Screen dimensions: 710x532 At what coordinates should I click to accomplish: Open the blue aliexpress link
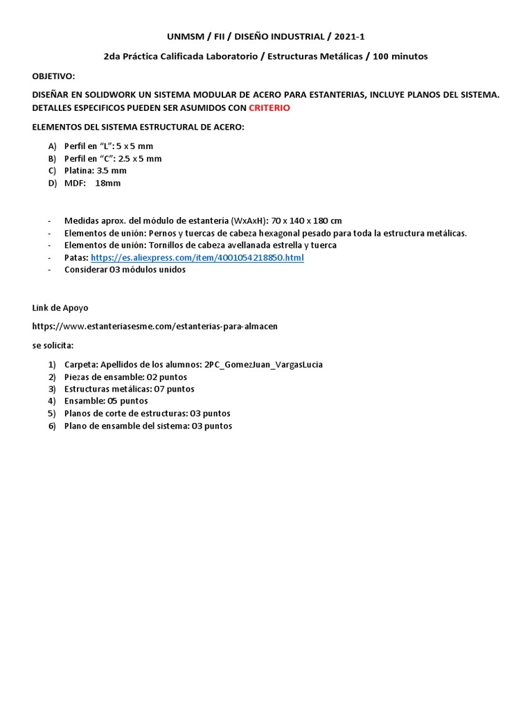tap(197, 258)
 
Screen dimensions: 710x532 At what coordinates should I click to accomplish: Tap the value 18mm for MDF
tap(107, 183)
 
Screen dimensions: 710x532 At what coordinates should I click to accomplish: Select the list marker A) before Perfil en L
tap(52, 146)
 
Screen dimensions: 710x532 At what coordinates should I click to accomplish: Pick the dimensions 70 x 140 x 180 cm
tap(308, 220)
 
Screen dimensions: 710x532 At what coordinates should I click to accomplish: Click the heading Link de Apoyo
tap(60, 308)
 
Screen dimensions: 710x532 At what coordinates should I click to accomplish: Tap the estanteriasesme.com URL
tap(155, 326)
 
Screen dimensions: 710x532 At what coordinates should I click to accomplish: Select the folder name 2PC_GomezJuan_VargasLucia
tap(263, 364)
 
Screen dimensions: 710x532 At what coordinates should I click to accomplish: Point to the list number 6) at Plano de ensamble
tap(52, 426)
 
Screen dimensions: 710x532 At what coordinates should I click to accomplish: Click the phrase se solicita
tap(53, 345)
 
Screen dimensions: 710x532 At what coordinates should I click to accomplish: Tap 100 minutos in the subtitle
tap(400, 56)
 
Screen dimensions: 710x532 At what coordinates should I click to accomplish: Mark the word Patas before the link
tap(76, 258)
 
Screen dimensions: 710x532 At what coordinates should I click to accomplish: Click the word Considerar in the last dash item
tap(86, 270)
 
